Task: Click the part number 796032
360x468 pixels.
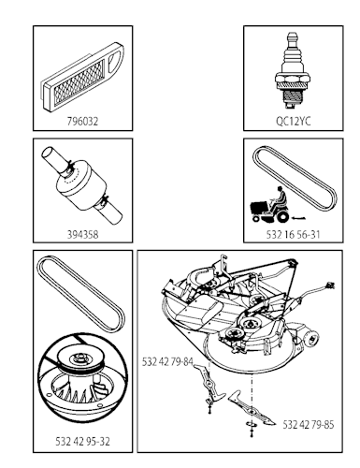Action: click(82, 121)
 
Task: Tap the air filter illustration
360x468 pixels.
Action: click(82, 77)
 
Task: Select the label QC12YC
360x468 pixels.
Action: click(294, 121)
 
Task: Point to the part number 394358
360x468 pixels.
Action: click(82, 234)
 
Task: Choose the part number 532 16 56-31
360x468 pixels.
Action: click(293, 234)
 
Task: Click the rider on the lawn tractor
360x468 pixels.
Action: click(279, 199)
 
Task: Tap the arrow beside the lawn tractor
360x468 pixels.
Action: click(298, 217)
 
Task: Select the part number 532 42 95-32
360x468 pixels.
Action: click(82, 442)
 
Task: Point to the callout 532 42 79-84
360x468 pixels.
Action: click(167, 362)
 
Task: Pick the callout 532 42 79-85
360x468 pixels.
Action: click(308, 425)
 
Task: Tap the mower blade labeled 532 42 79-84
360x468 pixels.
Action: click(209, 381)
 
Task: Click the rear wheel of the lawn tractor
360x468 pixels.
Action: click(282, 216)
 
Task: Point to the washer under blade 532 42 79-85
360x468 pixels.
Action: click(251, 424)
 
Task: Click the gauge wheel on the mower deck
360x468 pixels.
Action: click(311, 337)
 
